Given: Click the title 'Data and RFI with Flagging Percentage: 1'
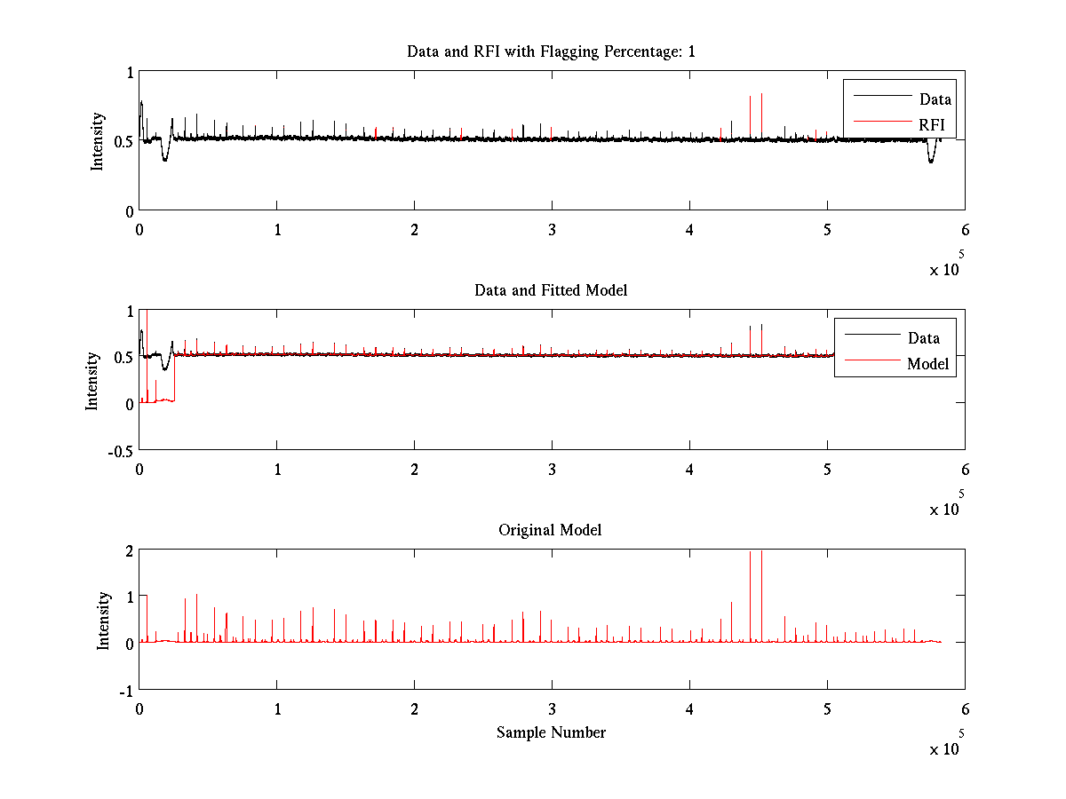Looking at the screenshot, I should pos(551,51).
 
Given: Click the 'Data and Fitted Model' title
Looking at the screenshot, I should pos(551,290).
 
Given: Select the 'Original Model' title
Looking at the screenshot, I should pos(551,530).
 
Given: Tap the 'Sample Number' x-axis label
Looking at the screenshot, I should pos(551,732).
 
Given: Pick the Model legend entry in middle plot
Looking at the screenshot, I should pos(927,363).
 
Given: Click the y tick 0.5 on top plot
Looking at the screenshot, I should pos(123,141).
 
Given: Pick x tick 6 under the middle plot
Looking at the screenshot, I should pos(965,468).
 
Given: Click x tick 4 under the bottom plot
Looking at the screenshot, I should pos(689,708).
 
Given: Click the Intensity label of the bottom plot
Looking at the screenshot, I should pos(104,620).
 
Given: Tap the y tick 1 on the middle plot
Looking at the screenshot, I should pos(130,311).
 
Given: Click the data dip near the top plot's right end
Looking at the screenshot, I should pos(931,158).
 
